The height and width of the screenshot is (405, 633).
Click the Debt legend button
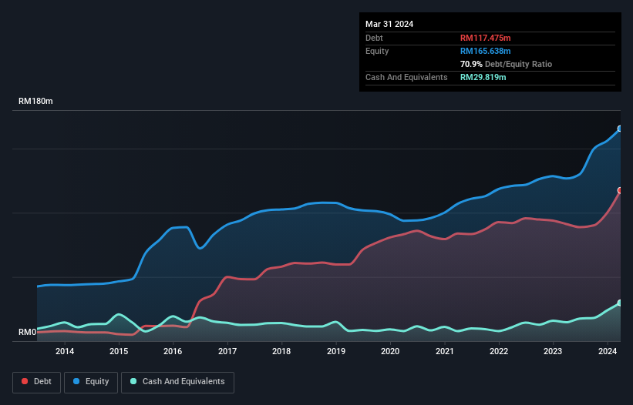35,382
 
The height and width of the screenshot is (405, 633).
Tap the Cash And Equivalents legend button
177,382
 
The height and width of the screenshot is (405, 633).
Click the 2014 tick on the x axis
65,352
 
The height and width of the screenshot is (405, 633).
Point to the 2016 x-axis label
173,352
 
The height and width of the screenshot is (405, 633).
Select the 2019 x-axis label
336,352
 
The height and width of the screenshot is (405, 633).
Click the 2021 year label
445,352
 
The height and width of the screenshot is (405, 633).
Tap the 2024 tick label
608,352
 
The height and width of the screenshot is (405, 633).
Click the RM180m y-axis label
36,102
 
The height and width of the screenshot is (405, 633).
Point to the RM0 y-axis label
28,333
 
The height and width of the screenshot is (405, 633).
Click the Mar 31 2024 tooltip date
389,24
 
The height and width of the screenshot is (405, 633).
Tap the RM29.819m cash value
483,77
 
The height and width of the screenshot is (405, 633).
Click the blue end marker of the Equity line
620,129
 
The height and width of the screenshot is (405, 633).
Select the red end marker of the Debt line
620,190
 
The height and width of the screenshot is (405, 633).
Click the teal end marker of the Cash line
620,303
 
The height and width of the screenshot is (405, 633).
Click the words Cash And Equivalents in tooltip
406,77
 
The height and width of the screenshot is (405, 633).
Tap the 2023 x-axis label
553,352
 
